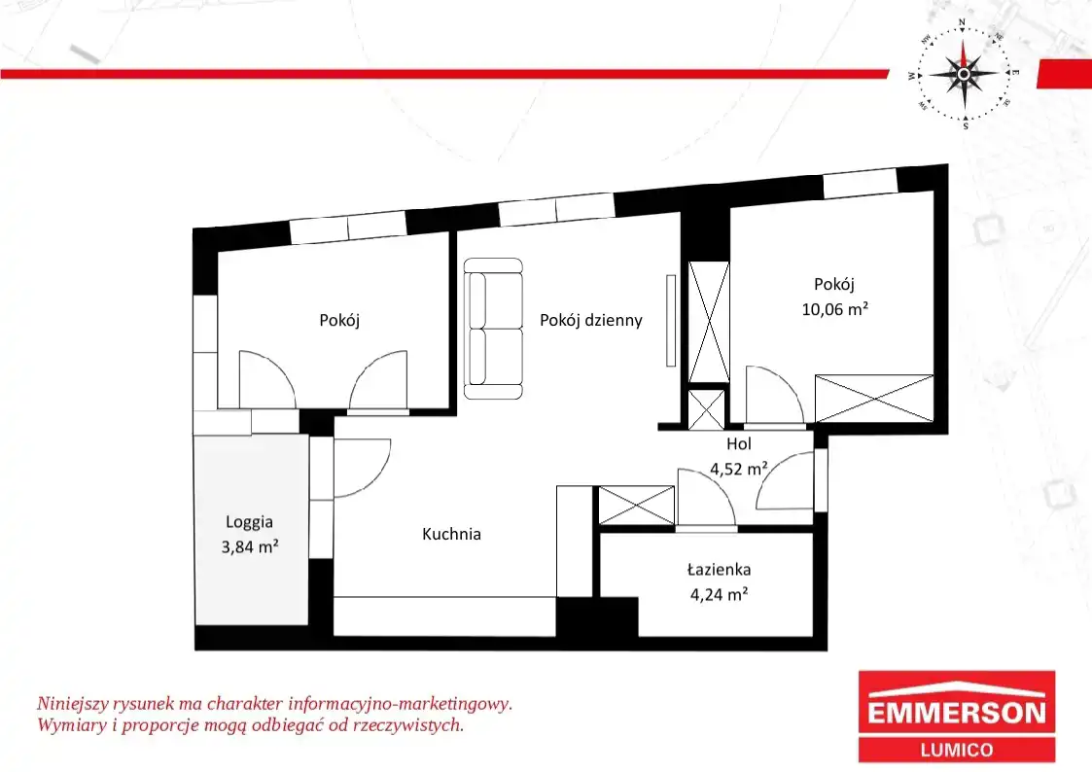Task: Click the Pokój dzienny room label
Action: [x=590, y=320]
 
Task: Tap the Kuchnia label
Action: [x=451, y=534]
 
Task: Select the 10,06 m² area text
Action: [x=834, y=309]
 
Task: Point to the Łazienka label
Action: [x=719, y=570]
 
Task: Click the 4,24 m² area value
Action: [x=719, y=594]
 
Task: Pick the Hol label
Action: [x=739, y=443]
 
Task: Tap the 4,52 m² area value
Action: [x=738, y=469]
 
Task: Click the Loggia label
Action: [x=249, y=522]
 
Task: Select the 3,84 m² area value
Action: [x=249, y=547]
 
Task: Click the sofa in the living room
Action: [x=493, y=329]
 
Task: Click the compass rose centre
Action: [x=964, y=74]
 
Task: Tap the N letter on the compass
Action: [x=962, y=23]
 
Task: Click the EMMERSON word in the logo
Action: [x=956, y=712]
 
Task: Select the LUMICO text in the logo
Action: [x=956, y=751]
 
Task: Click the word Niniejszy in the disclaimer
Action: [x=70, y=704]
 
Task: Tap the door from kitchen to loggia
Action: [x=362, y=468]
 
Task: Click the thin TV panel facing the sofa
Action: [x=671, y=321]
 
